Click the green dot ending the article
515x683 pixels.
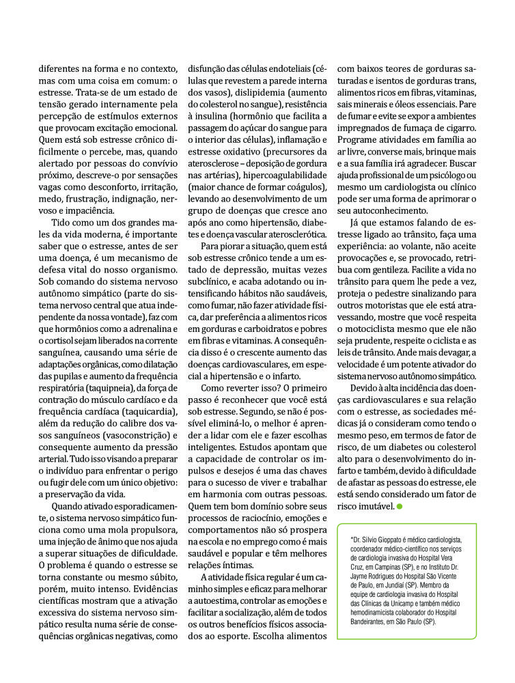400,506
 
